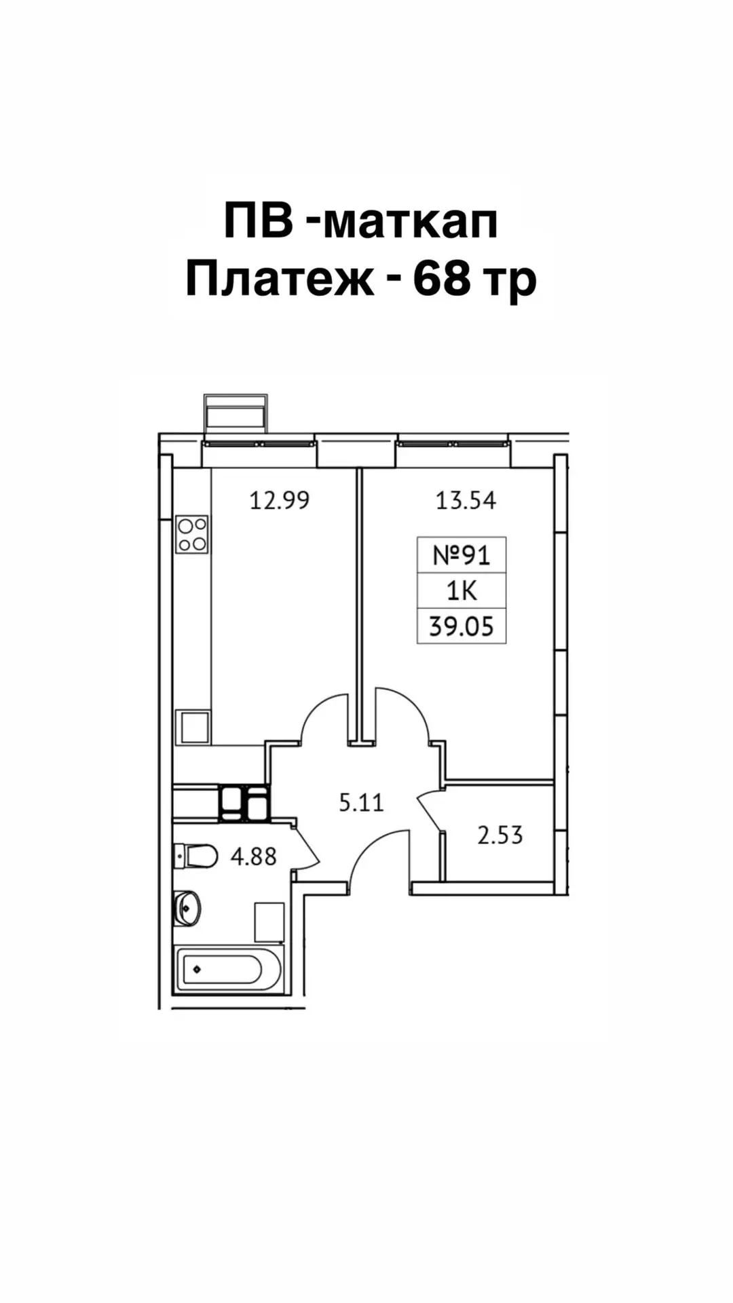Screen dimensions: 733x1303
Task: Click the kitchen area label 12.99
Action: (x=280, y=501)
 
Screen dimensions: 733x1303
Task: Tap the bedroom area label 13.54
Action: (x=466, y=501)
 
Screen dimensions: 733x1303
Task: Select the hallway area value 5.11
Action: (x=362, y=803)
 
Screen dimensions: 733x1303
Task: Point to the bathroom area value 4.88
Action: (x=254, y=856)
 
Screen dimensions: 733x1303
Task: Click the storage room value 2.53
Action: (x=500, y=835)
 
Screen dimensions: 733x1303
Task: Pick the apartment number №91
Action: (x=462, y=556)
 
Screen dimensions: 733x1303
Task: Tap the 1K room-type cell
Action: (x=462, y=591)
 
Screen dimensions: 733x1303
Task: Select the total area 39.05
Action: (x=462, y=626)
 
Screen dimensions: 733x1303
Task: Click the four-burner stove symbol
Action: (x=192, y=534)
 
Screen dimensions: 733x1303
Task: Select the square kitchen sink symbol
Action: (x=193, y=727)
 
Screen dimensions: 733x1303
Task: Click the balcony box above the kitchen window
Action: (x=236, y=412)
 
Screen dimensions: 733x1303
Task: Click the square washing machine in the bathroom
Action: (x=269, y=922)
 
